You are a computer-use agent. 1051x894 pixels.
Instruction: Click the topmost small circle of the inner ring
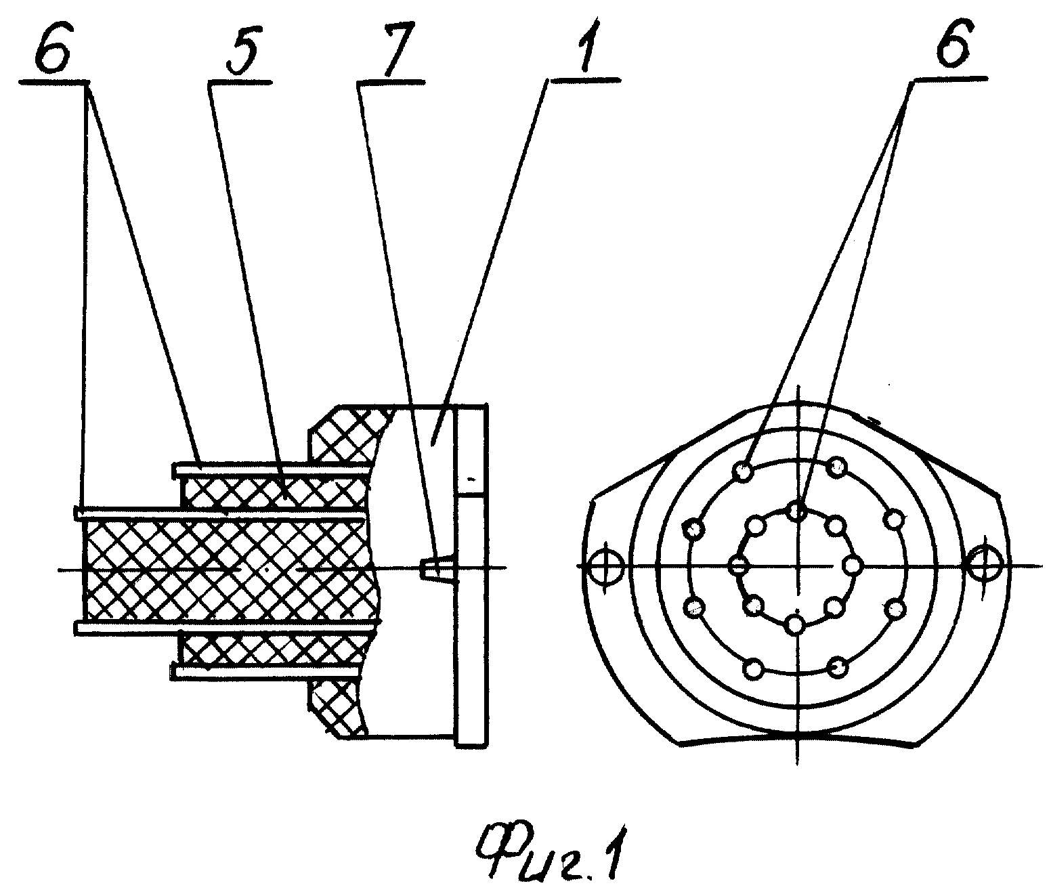[x=797, y=511]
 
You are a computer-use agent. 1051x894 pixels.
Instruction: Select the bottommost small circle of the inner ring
[x=796, y=624]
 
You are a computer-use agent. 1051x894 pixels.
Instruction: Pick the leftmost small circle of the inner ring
[x=739, y=564]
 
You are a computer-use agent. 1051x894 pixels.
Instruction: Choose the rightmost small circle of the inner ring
[x=852, y=565]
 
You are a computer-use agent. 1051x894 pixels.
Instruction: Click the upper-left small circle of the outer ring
[x=744, y=473]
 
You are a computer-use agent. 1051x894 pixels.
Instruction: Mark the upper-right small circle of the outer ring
[x=837, y=467]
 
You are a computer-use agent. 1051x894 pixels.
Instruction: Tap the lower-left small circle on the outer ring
[x=754, y=668]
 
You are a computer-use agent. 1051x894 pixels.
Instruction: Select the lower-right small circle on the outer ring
[x=838, y=666]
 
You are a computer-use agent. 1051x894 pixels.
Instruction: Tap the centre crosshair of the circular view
[x=798, y=565]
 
